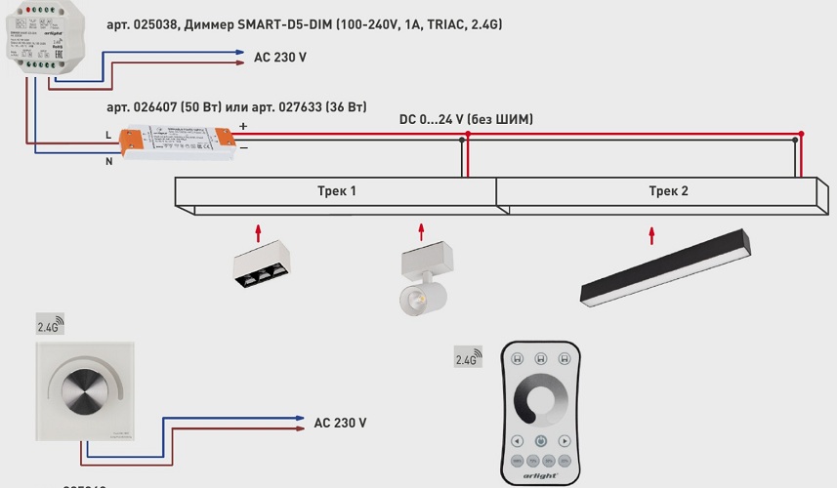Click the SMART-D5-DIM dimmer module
(50, 43)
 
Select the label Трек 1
(336, 191)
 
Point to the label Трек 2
(669, 191)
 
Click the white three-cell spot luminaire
(261, 268)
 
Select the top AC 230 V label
(280, 59)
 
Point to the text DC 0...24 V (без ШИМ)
(466, 119)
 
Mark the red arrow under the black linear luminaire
(652, 235)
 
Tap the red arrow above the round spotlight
(422, 231)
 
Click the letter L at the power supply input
(108, 134)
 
